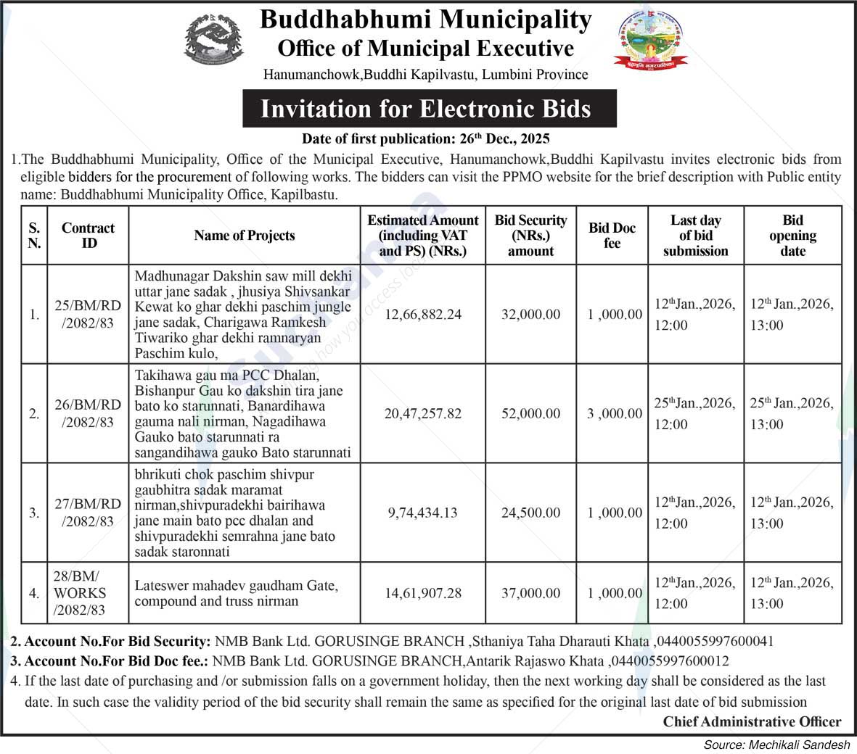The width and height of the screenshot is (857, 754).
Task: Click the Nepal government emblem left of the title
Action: (x=214, y=42)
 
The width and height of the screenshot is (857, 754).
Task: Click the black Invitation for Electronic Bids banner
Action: (x=425, y=109)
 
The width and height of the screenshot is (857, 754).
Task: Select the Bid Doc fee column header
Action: (x=612, y=236)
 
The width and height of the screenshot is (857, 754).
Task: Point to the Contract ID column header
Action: (x=88, y=236)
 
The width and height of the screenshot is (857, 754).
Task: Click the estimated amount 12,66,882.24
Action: (x=423, y=315)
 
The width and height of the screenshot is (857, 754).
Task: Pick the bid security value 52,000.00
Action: (x=530, y=413)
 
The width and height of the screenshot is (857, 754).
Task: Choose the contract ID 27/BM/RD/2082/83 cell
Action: (x=88, y=513)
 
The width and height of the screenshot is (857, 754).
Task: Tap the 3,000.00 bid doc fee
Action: (x=615, y=413)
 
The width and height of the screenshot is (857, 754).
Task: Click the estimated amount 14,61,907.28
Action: (x=423, y=593)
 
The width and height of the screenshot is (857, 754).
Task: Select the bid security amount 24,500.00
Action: (x=530, y=513)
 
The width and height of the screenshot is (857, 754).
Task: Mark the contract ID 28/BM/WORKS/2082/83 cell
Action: (x=79, y=593)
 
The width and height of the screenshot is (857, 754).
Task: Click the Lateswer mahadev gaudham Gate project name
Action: (x=237, y=593)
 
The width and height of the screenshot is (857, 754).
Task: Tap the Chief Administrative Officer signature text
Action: (x=752, y=721)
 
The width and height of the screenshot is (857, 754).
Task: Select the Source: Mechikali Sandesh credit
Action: (x=776, y=745)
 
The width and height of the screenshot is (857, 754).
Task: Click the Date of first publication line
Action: (x=425, y=138)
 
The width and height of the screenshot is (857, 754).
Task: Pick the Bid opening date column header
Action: (x=792, y=236)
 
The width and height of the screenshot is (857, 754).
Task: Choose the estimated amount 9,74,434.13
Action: (x=423, y=513)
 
